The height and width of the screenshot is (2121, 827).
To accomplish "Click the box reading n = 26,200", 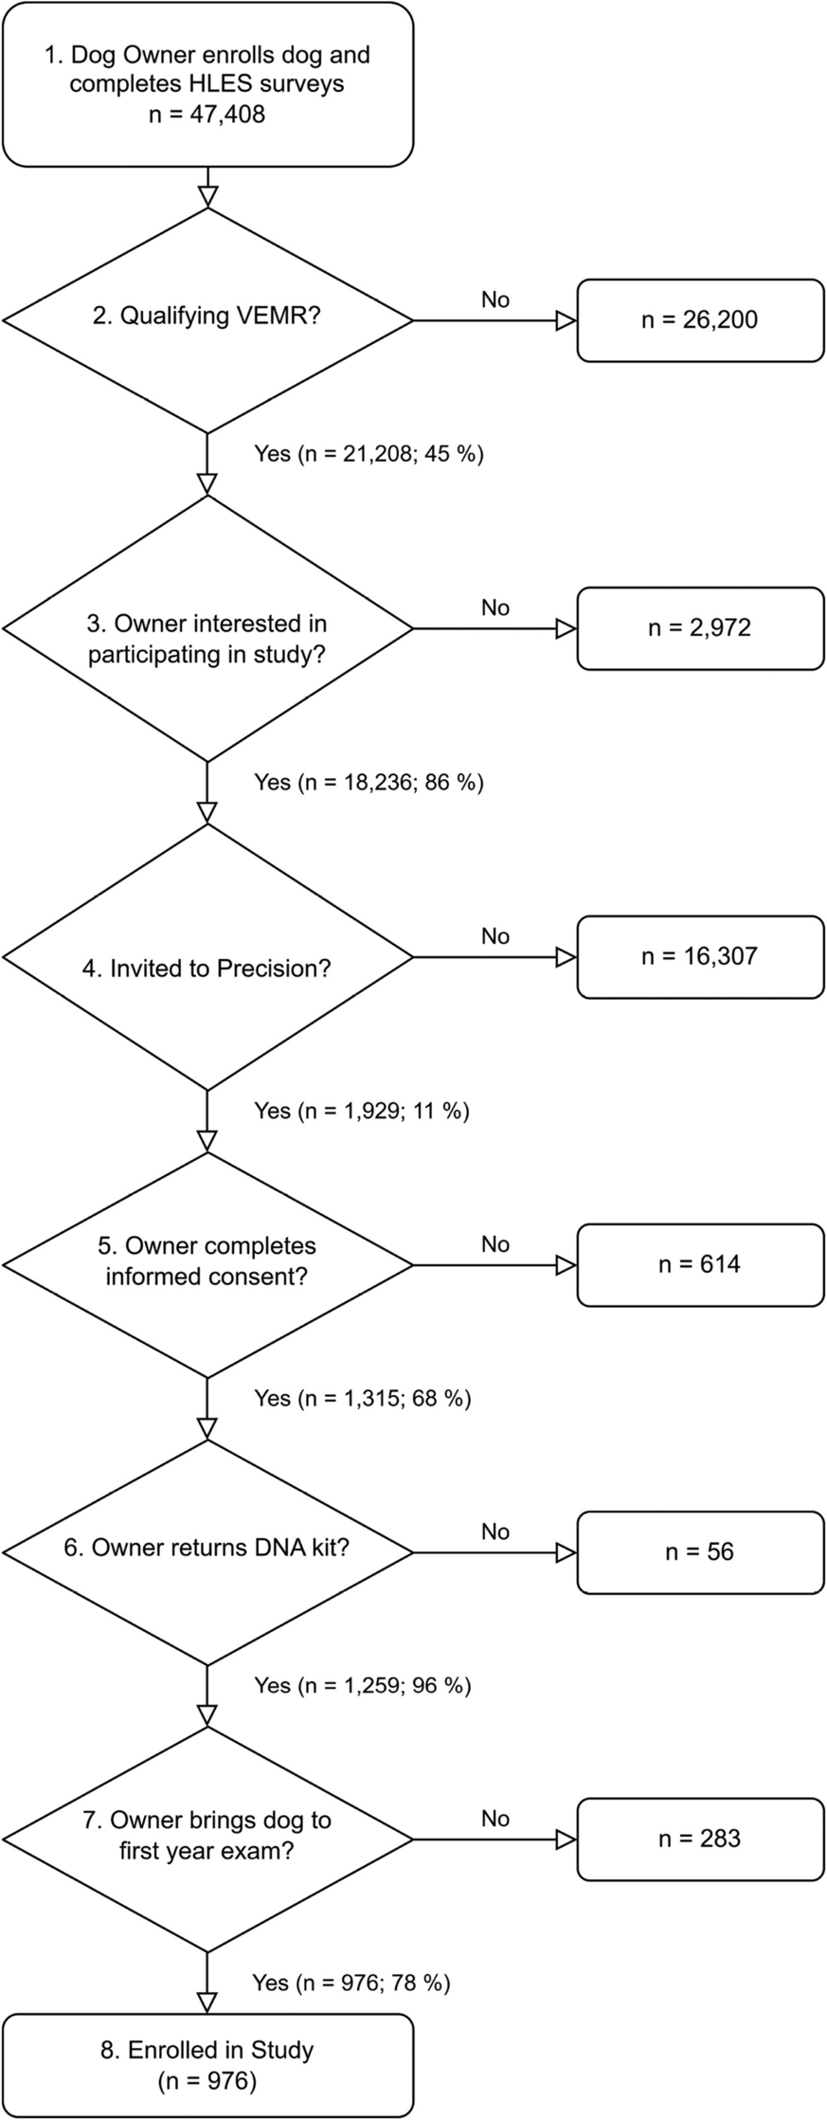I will [700, 320].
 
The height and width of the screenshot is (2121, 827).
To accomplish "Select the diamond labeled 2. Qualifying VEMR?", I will [207, 320].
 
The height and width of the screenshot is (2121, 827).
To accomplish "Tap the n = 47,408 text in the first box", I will [207, 115].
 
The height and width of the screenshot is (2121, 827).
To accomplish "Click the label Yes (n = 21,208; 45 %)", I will [369, 454].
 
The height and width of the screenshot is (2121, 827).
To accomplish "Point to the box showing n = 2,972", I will [700, 628].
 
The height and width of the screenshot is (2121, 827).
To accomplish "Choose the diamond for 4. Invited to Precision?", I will [207, 957].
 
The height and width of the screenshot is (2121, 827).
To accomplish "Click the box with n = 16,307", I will [700, 956].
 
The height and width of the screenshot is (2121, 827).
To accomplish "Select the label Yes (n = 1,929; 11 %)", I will [362, 1111].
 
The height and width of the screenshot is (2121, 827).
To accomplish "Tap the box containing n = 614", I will [700, 1264].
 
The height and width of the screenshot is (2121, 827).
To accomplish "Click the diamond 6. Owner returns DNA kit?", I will [207, 1551].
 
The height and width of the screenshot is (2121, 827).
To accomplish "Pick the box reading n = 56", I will [700, 1551].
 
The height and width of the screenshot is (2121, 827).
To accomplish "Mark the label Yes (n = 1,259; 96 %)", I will [362, 1685].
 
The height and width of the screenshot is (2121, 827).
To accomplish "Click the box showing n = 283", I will [700, 1839].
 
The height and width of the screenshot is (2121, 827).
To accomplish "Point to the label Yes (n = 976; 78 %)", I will [351, 1983].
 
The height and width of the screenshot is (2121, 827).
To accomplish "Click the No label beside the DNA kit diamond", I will [495, 1532].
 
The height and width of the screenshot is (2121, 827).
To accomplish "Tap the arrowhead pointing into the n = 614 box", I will [566, 1265].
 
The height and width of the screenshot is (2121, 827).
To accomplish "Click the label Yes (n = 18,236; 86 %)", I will [369, 783].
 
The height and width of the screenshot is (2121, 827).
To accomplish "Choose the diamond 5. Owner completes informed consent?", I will [207, 1264].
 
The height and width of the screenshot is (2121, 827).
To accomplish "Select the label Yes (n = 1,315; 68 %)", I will [362, 1398].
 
